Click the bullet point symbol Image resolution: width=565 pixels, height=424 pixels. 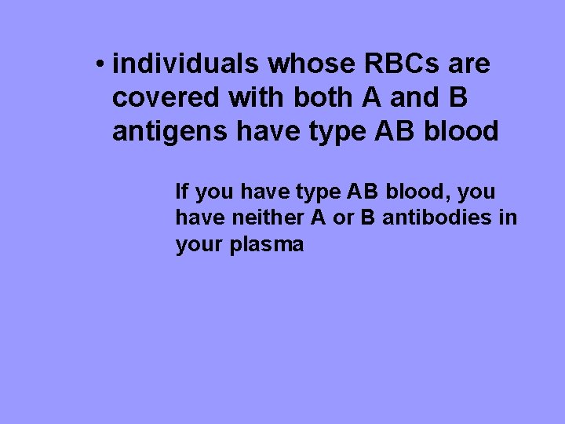100,64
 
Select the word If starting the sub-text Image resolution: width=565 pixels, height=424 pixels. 181,192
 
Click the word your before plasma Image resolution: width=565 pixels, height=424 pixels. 200,244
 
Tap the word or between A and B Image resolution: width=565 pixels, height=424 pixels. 343,217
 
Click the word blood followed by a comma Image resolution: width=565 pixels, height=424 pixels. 413,192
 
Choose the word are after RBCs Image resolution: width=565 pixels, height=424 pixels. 468,64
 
